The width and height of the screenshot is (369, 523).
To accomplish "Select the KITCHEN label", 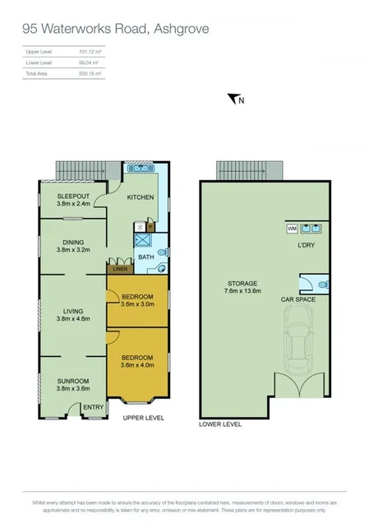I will click(x=141, y=197).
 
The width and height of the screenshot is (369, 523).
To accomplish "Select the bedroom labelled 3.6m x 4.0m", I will click(x=136, y=361).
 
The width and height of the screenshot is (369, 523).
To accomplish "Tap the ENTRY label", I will click(x=93, y=406).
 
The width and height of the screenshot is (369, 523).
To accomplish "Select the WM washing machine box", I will click(x=292, y=229).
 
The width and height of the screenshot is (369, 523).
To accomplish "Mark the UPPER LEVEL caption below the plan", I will click(x=144, y=418).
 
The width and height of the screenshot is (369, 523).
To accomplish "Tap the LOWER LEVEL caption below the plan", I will click(x=221, y=425).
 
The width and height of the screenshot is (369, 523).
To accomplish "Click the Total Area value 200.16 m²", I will click(x=89, y=74).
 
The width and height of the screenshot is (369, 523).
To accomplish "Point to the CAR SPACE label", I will click(x=298, y=300).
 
